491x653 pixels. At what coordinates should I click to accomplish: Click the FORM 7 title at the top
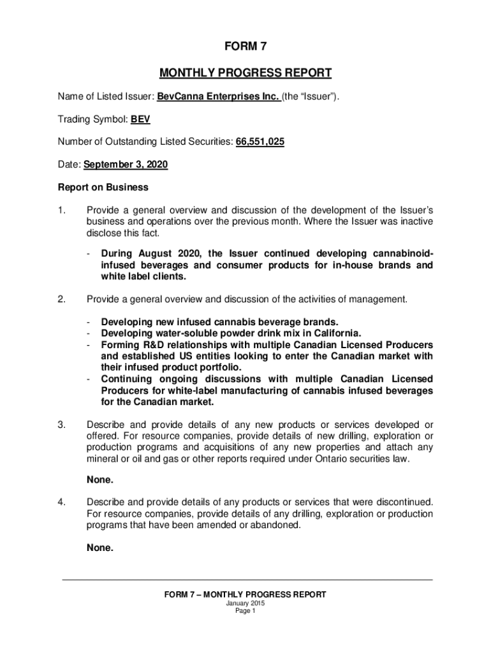(x=245, y=47)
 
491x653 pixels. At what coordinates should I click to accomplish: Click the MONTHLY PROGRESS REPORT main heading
(x=245, y=73)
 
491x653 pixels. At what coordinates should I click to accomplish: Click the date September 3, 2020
(x=124, y=165)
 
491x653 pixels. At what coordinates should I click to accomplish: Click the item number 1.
(x=62, y=210)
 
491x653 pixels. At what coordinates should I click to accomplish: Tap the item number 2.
(x=62, y=298)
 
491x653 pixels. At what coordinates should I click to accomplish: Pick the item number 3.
(x=62, y=425)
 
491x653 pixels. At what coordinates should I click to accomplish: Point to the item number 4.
(x=62, y=502)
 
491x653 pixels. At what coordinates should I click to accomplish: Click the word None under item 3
(x=100, y=480)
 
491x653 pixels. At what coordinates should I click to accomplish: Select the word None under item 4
(x=100, y=547)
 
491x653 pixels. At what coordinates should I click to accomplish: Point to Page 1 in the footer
(x=245, y=611)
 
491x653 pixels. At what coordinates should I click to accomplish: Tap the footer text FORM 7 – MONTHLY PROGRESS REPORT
(x=245, y=594)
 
